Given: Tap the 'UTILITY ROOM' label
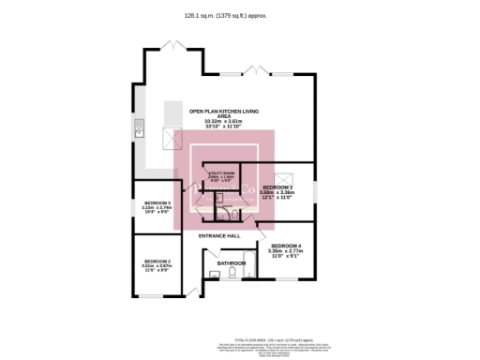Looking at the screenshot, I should [x=221, y=173].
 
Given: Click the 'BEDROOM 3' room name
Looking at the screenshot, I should [x=156, y=202].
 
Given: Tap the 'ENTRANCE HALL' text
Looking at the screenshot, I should [x=220, y=235].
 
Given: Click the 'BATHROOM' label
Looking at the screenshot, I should [x=231, y=263].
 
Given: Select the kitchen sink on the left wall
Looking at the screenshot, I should [x=138, y=128].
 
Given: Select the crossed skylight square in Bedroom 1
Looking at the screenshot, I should [x=288, y=176].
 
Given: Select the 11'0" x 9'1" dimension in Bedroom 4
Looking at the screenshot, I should [x=286, y=256].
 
